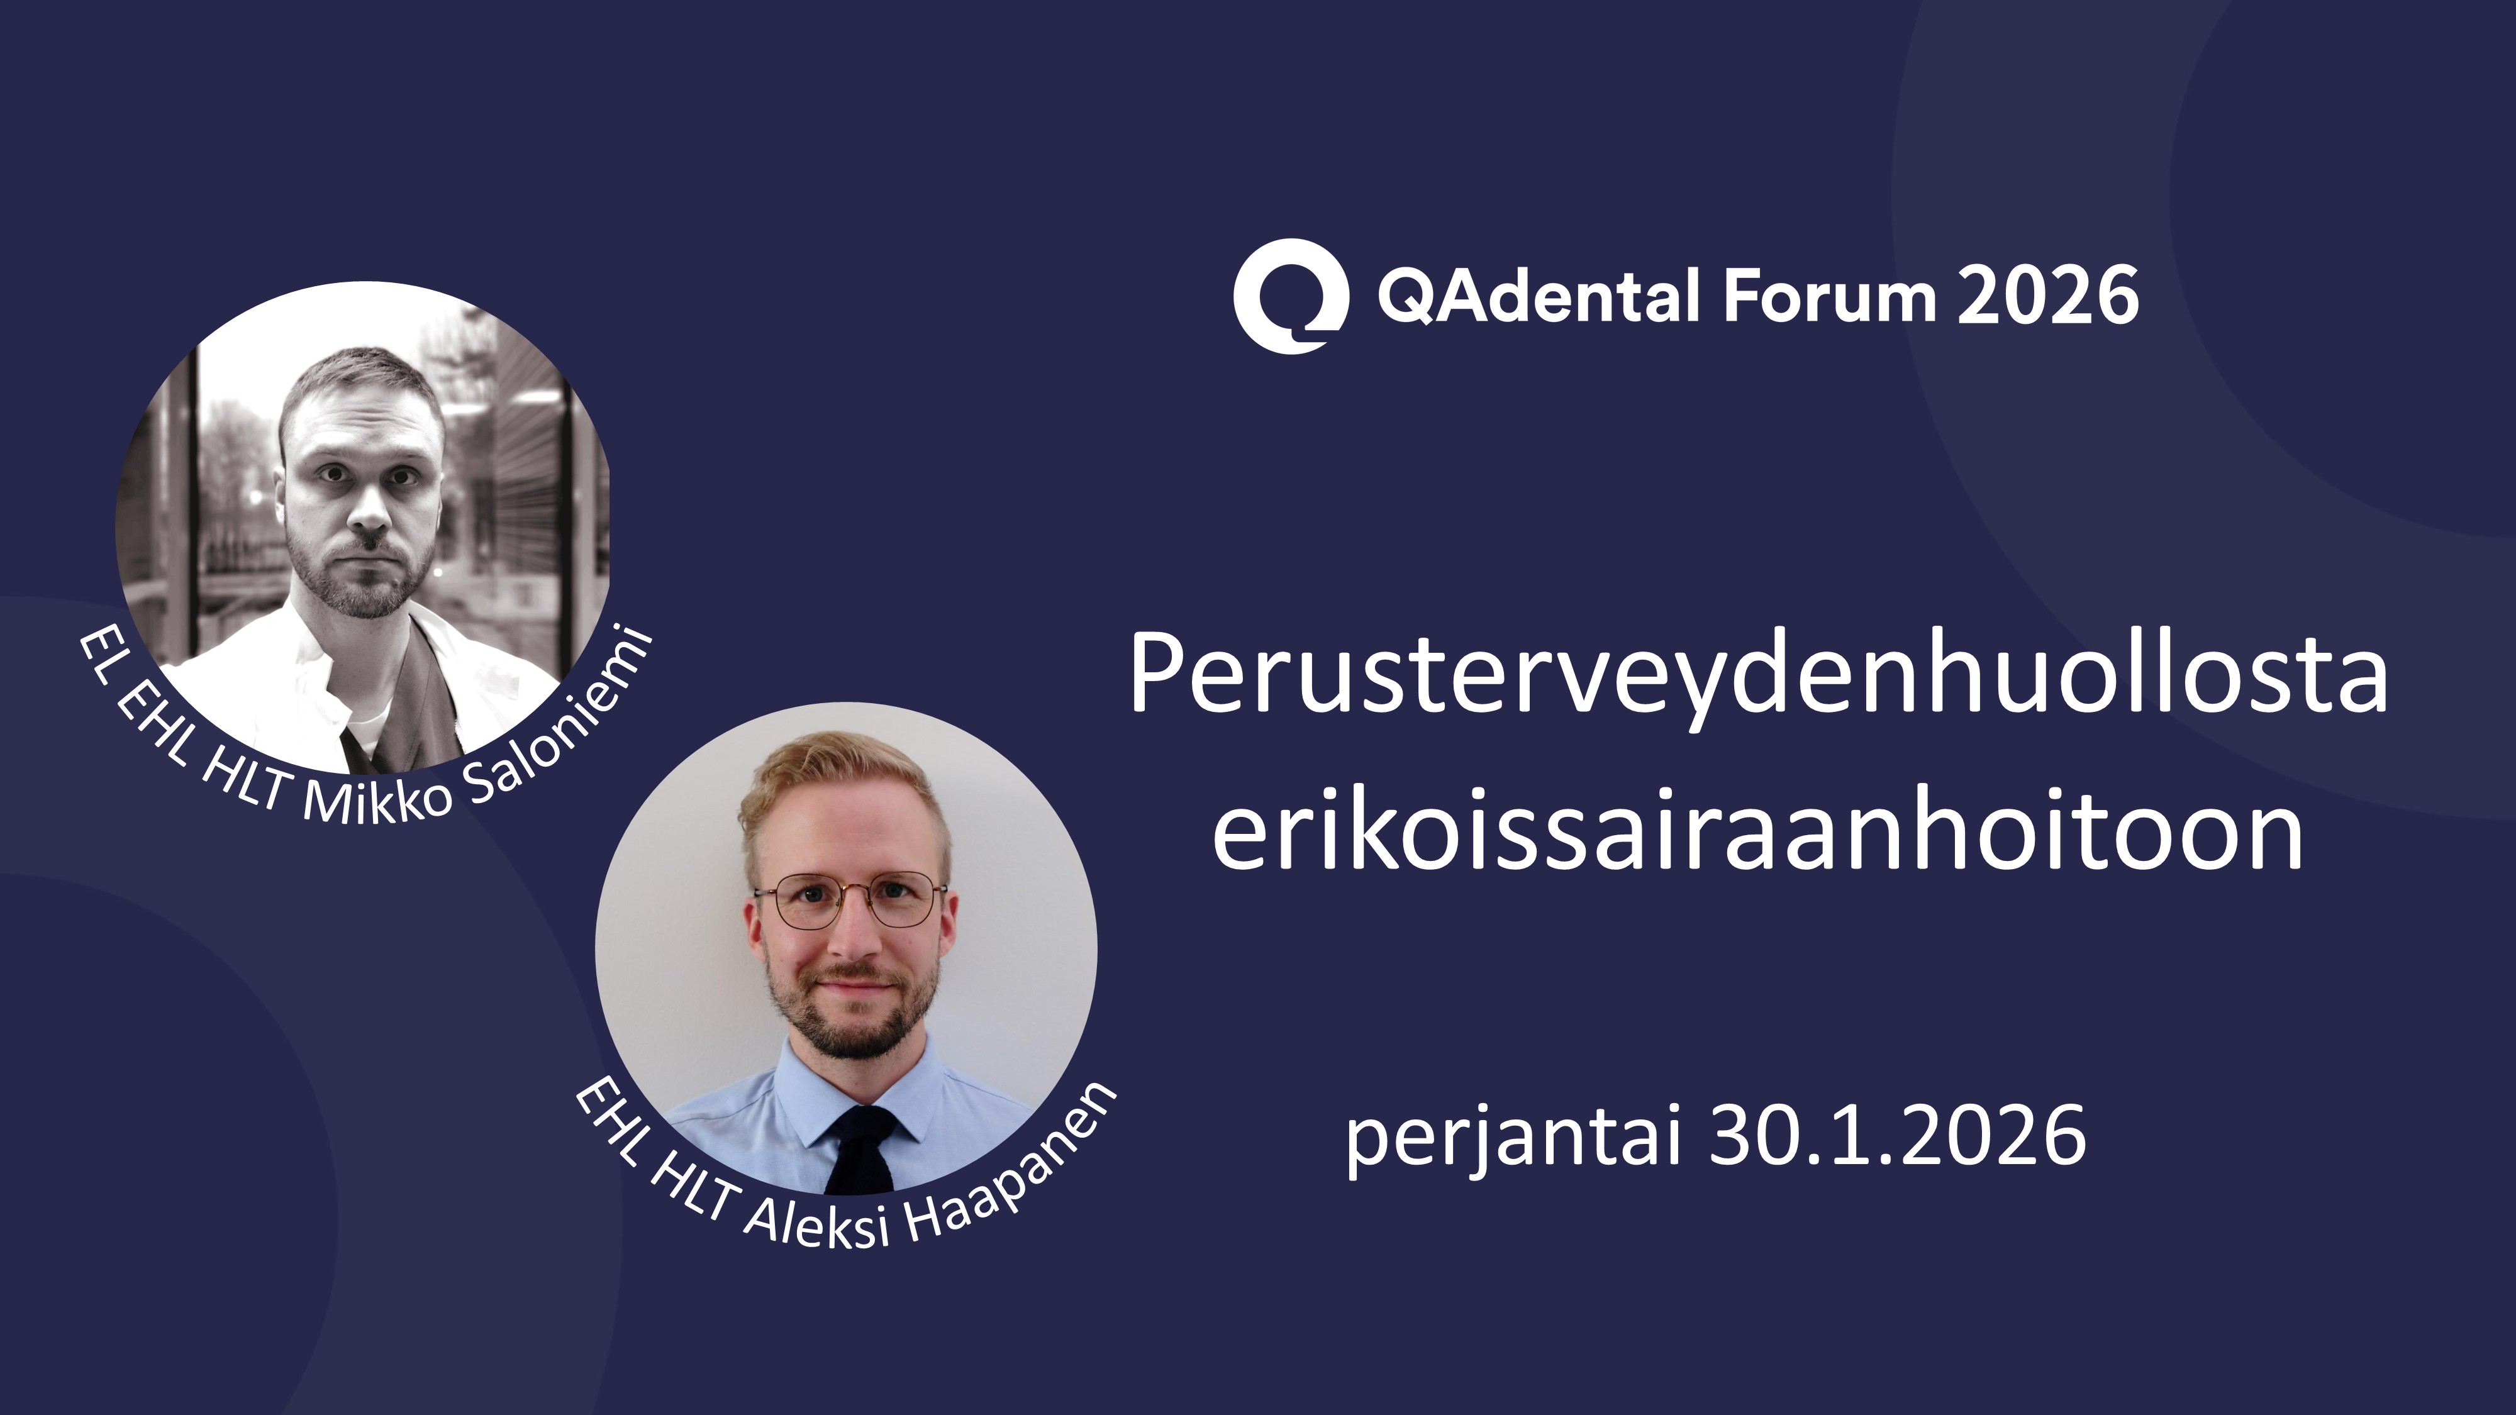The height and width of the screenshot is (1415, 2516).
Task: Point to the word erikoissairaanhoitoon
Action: point(1758,830)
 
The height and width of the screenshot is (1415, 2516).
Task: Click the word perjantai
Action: point(1514,1138)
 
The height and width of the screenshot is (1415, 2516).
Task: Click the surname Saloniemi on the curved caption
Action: point(562,728)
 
